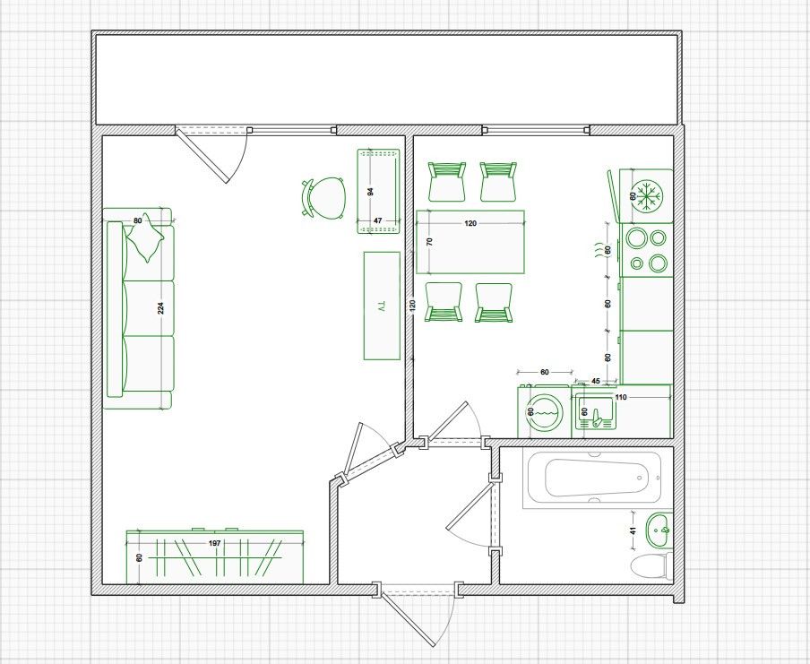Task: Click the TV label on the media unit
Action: click(x=382, y=306)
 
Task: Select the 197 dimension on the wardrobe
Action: click(x=215, y=543)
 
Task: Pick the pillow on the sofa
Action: click(x=145, y=237)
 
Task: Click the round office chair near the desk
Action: click(x=323, y=197)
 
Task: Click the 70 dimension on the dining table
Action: click(x=429, y=241)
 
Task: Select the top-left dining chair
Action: click(x=446, y=181)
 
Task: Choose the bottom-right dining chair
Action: click(x=494, y=303)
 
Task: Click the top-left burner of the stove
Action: click(x=635, y=238)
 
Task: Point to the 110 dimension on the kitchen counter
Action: click(x=620, y=397)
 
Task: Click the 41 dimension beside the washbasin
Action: click(x=633, y=530)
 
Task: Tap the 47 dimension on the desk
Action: click(x=377, y=220)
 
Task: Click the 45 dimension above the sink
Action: click(x=596, y=381)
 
